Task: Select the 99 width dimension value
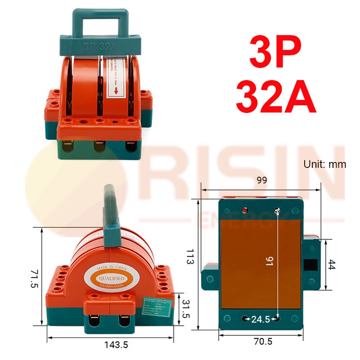(262, 180)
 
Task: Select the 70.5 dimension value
(263, 342)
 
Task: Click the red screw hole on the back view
(245, 210)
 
